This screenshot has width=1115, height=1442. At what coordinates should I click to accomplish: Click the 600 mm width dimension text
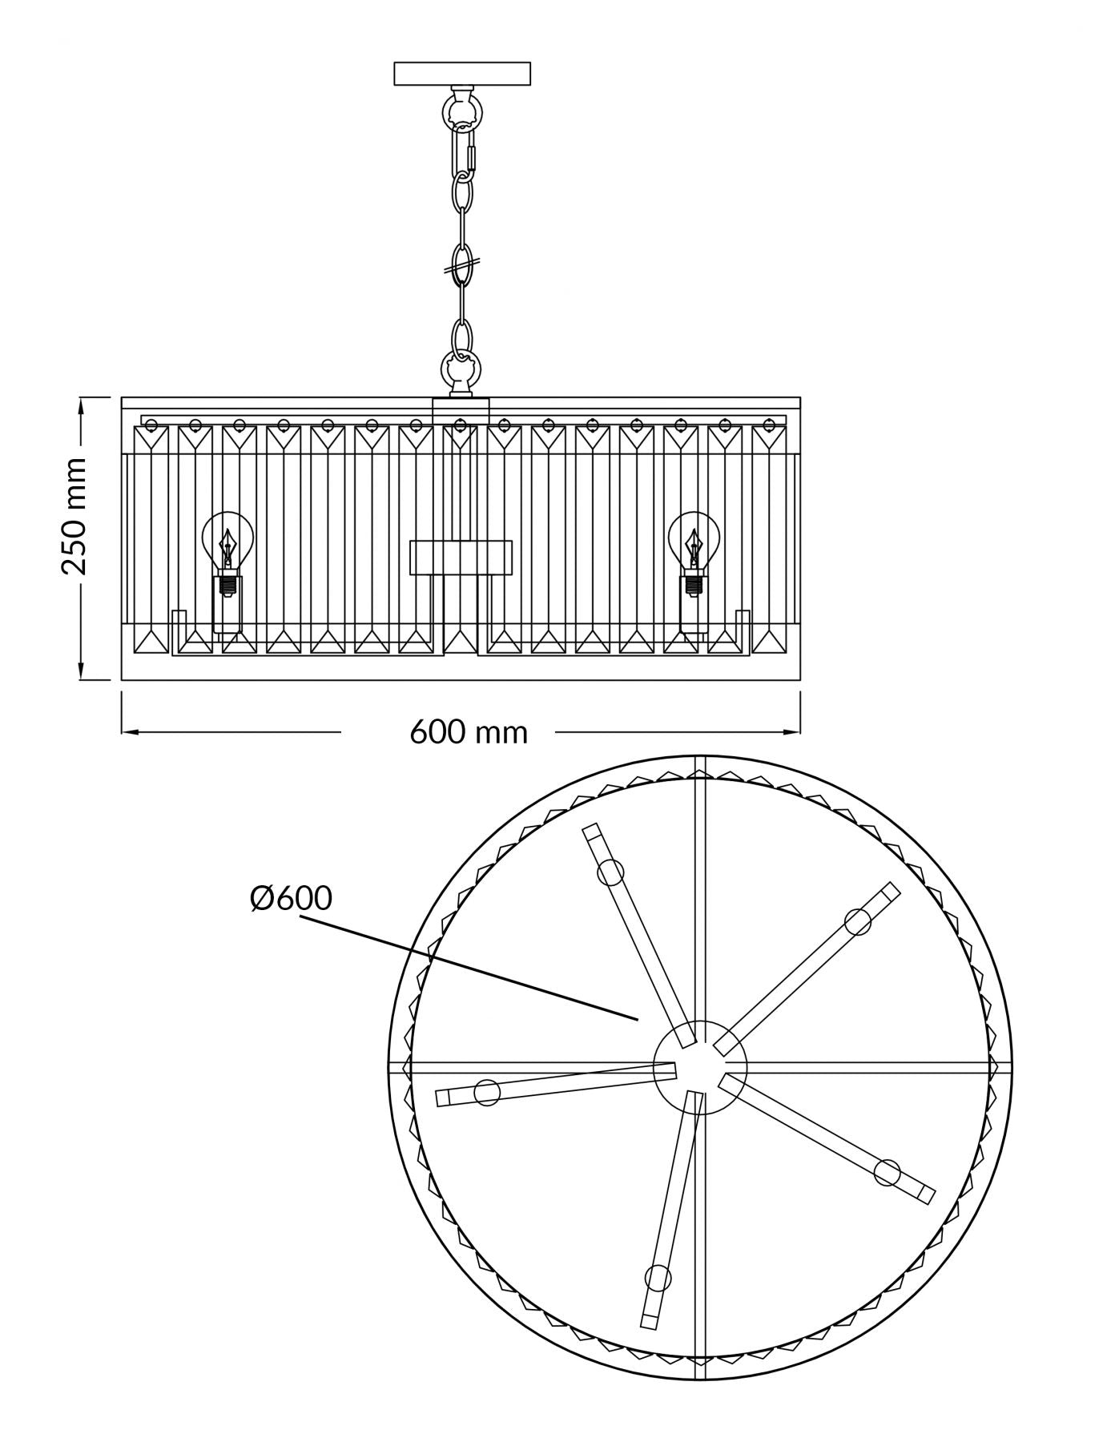click(469, 731)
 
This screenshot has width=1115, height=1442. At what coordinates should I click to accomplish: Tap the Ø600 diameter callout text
click(291, 898)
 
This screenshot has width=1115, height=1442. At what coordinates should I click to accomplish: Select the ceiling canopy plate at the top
click(462, 73)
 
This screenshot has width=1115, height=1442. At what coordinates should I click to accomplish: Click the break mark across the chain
click(463, 264)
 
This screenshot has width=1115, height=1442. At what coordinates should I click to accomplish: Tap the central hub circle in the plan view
click(700, 1066)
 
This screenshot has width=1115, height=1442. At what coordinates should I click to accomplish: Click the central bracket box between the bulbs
click(461, 557)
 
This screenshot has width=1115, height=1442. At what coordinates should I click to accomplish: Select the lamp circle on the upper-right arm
click(858, 922)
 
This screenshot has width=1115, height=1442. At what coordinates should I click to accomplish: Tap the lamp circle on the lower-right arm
click(887, 1172)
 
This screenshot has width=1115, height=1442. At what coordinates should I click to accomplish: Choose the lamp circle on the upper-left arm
click(610, 872)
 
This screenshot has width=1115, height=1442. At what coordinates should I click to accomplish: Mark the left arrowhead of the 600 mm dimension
click(128, 731)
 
